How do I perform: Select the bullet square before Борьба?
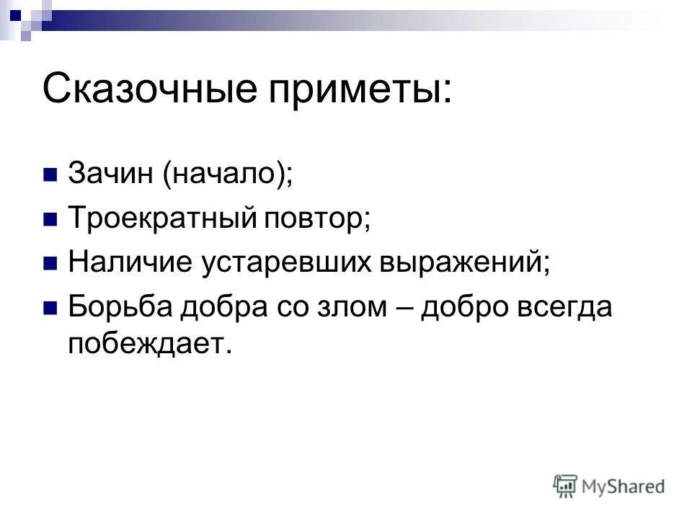(x=51, y=308)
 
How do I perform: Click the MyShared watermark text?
(x=624, y=487)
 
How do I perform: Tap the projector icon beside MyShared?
(x=566, y=486)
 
